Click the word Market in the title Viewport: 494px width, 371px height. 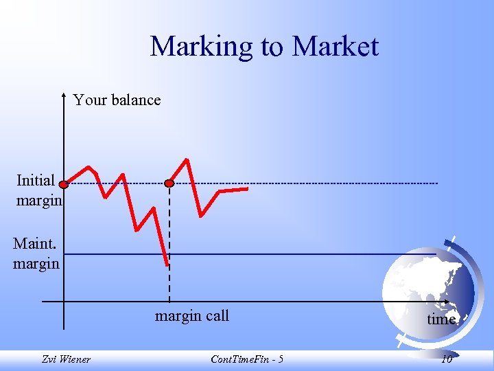[x=335, y=47]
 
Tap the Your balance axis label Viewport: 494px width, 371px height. [x=117, y=100]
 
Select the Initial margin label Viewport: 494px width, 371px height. [x=38, y=190]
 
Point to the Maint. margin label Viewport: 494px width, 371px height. [x=36, y=254]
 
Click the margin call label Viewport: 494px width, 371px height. [x=192, y=316]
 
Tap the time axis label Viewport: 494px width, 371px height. [x=441, y=319]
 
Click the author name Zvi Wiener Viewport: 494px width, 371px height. [x=66, y=359]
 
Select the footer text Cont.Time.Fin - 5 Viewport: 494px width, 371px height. [x=247, y=359]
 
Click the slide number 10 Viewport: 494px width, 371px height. [x=447, y=359]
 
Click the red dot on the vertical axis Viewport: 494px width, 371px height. [x=63, y=184]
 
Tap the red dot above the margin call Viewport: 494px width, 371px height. [x=169, y=183]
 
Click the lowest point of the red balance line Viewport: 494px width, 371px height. [x=167, y=265]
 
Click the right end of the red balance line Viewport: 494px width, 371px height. [x=247, y=188]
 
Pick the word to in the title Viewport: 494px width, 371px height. [x=272, y=47]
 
